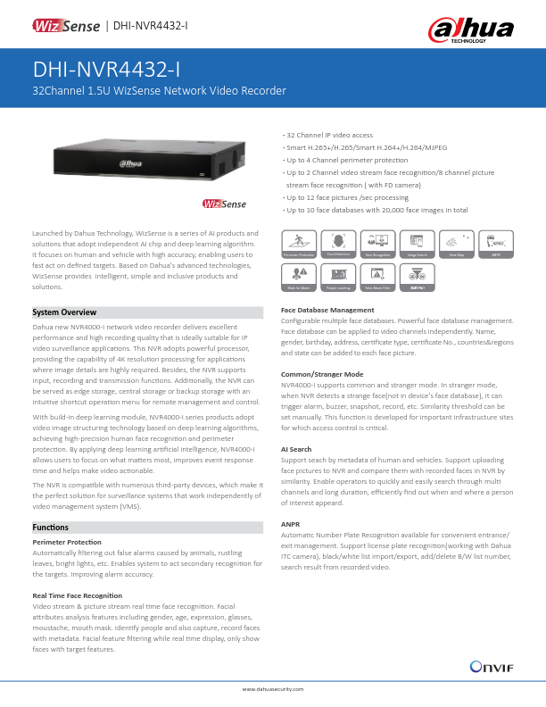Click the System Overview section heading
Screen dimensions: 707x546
point(64,312)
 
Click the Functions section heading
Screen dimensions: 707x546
point(51,528)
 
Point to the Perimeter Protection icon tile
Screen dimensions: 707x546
point(299,244)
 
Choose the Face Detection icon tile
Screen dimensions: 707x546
point(338,244)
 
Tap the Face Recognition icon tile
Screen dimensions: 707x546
point(378,244)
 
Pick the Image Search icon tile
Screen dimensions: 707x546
point(417,244)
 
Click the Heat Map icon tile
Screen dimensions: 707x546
point(456,244)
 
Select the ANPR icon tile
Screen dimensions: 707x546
point(496,244)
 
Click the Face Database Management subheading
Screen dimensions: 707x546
point(327,310)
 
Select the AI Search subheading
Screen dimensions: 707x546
point(296,449)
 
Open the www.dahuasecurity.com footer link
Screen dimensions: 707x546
point(273,689)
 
